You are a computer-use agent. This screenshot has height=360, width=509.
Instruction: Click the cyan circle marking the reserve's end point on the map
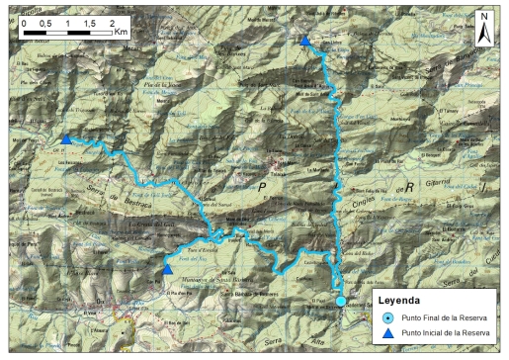pyautogui.click(x=341, y=301)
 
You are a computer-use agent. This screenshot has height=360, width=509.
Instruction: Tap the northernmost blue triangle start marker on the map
pyautogui.click(x=305, y=42)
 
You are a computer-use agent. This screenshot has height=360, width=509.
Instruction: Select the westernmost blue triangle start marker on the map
pyautogui.click(x=66, y=139)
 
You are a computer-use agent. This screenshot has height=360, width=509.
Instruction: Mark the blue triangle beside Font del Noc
pyautogui.click(x=169, y=270)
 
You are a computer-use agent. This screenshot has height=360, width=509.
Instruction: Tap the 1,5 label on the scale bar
pyautogui.click(x=90, y=21)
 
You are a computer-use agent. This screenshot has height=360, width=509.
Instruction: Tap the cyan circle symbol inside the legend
pyautogui.click(x=387, y=317)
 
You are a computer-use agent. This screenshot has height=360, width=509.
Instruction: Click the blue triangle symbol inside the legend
pyautogui.click(x=387, y=334)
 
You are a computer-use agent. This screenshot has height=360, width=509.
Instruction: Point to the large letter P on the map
pyautogui.click(x=263, y=185)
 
